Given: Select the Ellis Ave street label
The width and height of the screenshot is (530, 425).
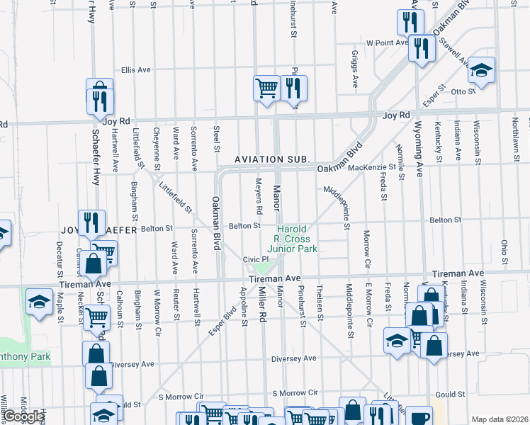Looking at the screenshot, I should tap(136, 70).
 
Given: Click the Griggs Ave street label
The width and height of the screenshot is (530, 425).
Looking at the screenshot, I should tap(356, 68).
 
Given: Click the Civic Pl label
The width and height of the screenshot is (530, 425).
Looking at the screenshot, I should tap(253, 259).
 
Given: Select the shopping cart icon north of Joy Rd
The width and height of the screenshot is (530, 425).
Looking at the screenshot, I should tap(266, 89).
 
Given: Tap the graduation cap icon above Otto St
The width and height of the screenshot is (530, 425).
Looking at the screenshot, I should tap(481, 70).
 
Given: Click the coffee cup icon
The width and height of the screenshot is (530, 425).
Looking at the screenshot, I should tap(419, 417).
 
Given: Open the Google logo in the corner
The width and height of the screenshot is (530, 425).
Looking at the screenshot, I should tap(23, 416).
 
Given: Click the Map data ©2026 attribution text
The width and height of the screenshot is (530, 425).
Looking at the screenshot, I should tap(499, 419).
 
